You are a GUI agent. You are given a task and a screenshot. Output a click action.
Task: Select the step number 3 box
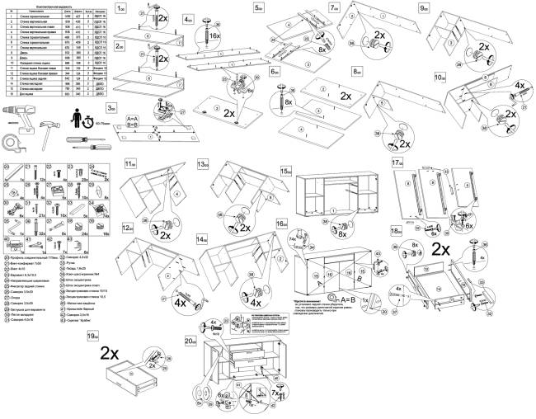[110, 108]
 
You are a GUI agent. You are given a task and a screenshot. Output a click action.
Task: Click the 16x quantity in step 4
[214, 36]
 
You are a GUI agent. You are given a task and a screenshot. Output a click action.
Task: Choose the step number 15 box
[286, 170]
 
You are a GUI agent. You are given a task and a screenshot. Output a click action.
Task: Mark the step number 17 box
[397, 162]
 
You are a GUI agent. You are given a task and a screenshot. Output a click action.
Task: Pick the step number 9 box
[424, 7]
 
